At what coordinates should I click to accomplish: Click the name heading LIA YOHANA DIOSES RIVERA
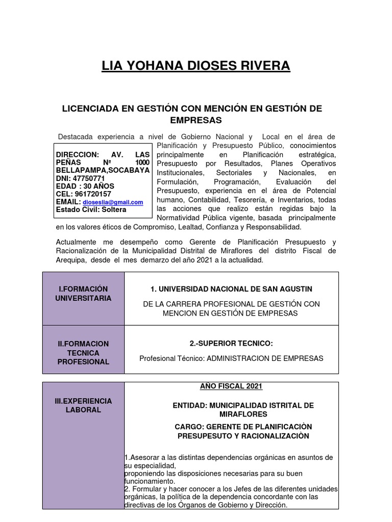tap(196, 65)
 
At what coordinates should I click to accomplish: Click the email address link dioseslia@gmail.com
tap(113, 202)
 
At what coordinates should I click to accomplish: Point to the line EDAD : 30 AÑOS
tap(85, 186)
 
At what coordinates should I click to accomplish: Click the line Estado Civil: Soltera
tap(91, 210)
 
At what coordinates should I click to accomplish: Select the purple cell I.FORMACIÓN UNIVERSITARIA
tap(83, 294)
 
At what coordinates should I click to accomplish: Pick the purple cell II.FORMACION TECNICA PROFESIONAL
tap(83, 353)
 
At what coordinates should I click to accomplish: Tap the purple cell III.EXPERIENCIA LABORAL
tap(83, 405)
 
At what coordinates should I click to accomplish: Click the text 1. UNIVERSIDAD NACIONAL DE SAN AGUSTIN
tap(231, 289)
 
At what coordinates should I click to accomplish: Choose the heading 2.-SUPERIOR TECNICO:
tap(231, 344)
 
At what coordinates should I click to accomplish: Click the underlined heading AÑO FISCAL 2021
tap(231, 386)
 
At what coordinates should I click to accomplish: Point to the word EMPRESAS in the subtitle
tap(196, 120)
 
